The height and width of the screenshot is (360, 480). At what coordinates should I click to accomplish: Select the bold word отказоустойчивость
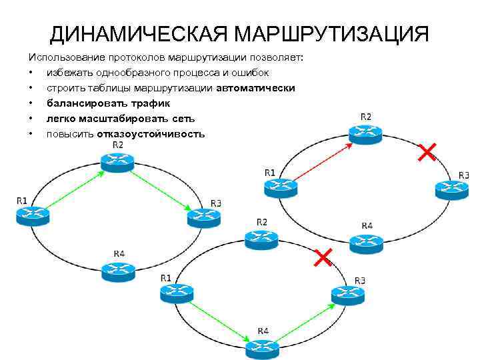pos(151,134)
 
